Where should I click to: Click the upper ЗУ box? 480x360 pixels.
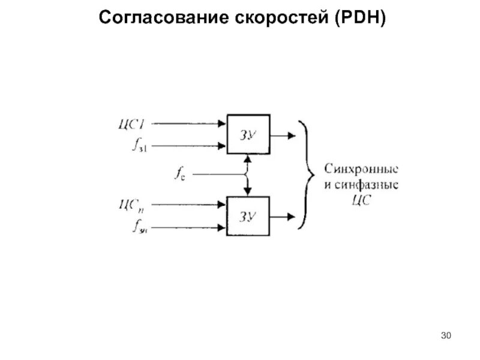(248, 134)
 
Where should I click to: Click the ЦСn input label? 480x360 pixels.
(133, 206)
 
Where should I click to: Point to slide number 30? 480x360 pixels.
(445, 335)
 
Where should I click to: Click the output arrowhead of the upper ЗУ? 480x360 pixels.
(292, 135)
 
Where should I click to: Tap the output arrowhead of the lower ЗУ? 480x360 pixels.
(292, 215)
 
